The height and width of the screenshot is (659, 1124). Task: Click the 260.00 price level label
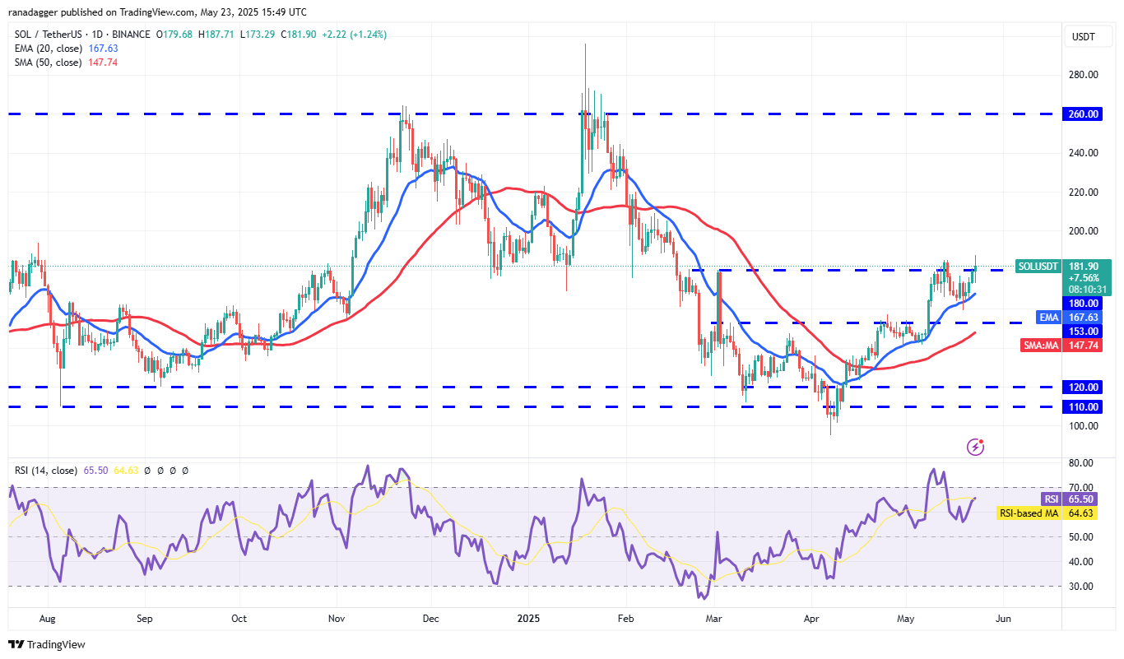1085,114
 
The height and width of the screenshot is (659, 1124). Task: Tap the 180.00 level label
1085,303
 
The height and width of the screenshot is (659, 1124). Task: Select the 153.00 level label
1085,331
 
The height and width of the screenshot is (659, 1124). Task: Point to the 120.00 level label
1085,387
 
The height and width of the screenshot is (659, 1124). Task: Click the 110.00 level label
1085,406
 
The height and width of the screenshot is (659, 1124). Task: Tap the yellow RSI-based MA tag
1029,513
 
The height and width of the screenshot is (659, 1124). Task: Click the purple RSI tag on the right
1050,499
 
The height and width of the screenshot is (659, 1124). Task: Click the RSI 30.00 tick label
1084,587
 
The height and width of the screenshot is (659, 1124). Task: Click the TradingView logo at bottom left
47,644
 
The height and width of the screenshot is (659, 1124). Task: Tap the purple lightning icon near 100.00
975,447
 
